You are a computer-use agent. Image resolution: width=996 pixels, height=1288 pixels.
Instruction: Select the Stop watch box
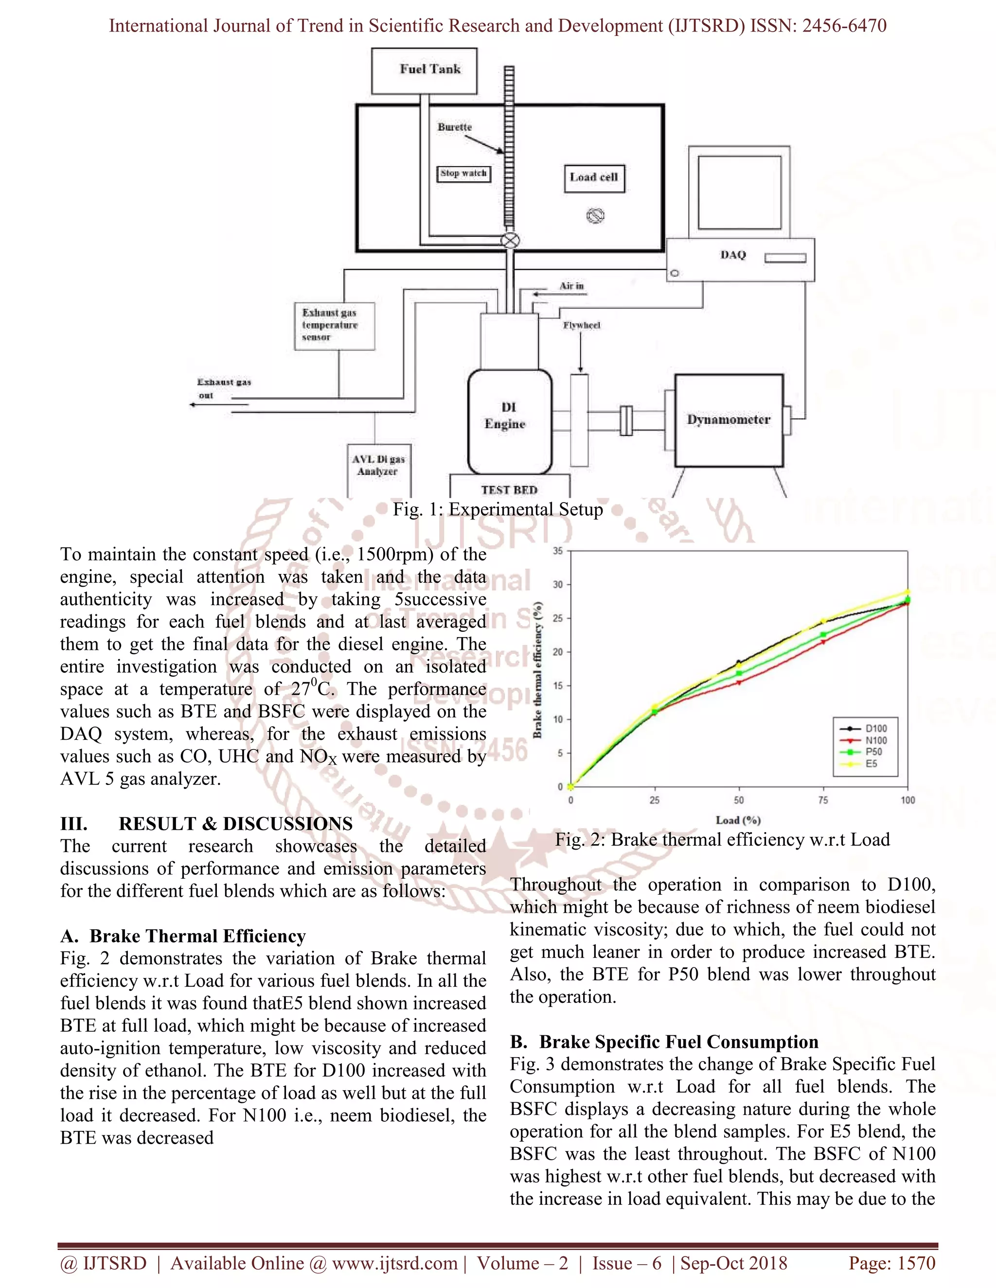coord(463,174)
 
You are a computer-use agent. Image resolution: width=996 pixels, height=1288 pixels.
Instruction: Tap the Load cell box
coord(594,177)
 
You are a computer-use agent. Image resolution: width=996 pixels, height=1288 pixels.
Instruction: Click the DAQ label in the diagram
coord(732,255)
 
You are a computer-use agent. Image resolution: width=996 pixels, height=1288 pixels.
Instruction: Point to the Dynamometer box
coord(729,420)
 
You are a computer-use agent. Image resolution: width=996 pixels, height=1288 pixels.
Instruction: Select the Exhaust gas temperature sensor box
coord(334,326)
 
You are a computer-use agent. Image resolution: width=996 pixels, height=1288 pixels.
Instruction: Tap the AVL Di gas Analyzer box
coord(378,466)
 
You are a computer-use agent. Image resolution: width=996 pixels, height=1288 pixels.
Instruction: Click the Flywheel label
coord(581,326)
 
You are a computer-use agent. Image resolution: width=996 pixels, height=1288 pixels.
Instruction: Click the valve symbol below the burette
coord(510,241)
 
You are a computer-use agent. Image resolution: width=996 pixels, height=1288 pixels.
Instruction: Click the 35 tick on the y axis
coord(558,551)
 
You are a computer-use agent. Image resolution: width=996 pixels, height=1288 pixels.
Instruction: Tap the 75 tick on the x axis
coord(823,801)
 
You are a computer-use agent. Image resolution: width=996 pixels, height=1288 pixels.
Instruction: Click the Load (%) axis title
coord(738,820)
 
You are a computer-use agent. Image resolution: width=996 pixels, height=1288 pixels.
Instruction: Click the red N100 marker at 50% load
coord(739,682)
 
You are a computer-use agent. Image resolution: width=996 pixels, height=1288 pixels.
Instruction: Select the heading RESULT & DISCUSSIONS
coord(235,824)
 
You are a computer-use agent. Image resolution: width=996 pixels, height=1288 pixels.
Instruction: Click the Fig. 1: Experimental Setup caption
coord(498,509)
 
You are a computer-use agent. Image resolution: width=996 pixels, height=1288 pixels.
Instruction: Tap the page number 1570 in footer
coord(915,1263)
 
